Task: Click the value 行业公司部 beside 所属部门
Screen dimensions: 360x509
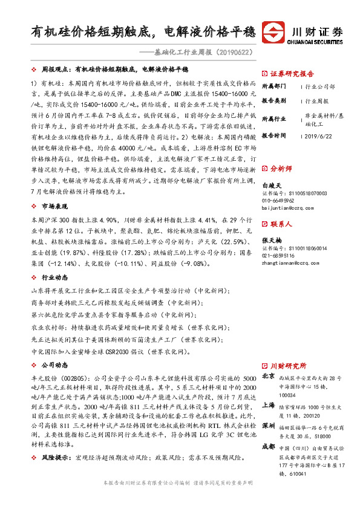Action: tap(320, 87)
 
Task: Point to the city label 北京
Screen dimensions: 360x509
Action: tap(267, 376)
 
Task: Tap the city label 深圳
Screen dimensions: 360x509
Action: tap(267, 426)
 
